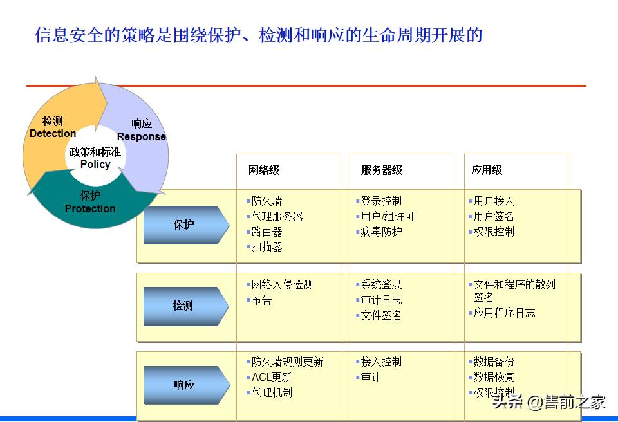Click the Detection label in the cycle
click(53, 133)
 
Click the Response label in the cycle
click(142, 136)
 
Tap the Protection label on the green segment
click(90, 208)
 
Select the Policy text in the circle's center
click(95, 164)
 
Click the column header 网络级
click(264, 170)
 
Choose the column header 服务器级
click(382, 170)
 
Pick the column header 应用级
click(487, 170)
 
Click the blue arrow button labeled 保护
click(185, 225)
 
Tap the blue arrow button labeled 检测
click(185, 306)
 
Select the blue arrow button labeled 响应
click(185, 385)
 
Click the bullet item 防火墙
click(267, 201)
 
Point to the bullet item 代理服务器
click(277, 217)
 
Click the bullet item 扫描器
click(267, 247)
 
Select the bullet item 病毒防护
click(381, 232)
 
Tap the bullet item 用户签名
click(494, 217)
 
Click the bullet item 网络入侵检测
click(282, 285)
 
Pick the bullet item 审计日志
click(381, 300)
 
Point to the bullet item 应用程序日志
click(504, 313)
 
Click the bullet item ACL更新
click(272, 378)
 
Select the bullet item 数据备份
click(494, 362)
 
